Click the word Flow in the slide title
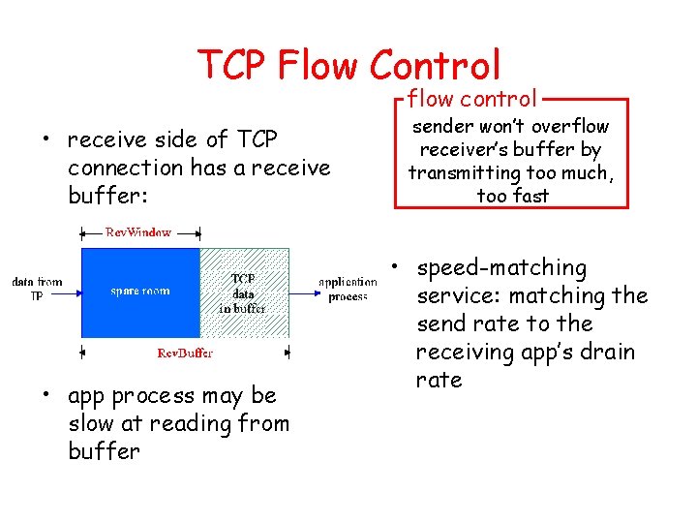point(318,65)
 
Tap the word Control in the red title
point(435,65)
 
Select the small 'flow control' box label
point(471,98)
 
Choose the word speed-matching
point(501,268)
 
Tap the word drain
point(609,352)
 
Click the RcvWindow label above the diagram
point(138,232)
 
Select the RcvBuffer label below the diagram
point(185,353)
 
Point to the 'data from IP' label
point(37,289)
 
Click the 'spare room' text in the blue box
point(139,290)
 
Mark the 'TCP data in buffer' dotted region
point(244,292)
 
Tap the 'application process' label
point(348,290)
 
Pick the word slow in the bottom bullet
point(92,423)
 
